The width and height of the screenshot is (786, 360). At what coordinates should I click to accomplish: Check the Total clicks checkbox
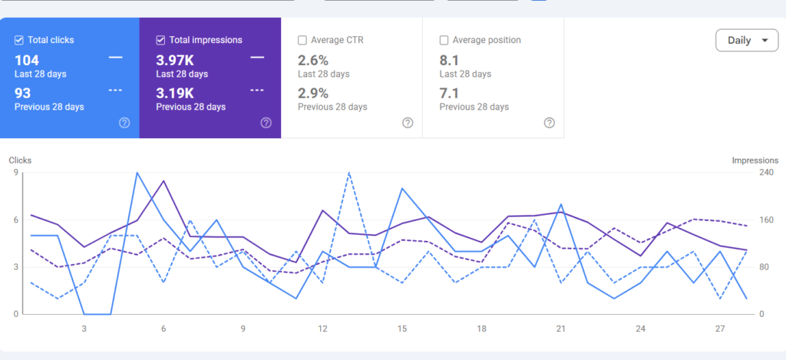19,40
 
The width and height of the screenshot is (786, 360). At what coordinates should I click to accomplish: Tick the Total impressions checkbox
161,40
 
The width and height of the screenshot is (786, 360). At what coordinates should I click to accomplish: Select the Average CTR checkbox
302,40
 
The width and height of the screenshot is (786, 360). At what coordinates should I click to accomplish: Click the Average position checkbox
444,40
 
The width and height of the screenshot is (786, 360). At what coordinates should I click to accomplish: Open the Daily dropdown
747,41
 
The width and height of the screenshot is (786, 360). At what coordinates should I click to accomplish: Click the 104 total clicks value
27,61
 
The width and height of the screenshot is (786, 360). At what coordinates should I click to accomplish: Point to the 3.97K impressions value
175,61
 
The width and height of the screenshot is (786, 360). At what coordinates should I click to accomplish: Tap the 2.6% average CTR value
313,61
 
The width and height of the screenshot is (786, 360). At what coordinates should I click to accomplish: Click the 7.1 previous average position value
450,93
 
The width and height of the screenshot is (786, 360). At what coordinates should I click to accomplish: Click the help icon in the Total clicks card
124,123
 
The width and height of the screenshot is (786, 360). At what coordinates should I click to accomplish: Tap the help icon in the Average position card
550,123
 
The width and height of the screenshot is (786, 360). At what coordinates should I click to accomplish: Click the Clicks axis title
20,160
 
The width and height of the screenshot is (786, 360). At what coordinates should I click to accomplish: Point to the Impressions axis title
755,160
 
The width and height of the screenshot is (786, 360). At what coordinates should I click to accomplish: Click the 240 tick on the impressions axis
767,173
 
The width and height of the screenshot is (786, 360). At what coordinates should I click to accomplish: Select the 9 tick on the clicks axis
15,173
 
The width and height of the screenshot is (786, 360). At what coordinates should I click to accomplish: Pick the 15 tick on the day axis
402,329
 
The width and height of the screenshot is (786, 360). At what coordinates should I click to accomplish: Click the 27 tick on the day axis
720,329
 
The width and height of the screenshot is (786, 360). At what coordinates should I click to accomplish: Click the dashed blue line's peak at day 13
349,173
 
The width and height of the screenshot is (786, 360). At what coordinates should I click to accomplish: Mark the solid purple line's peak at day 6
163,181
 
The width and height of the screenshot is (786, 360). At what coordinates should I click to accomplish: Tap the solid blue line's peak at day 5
137,173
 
